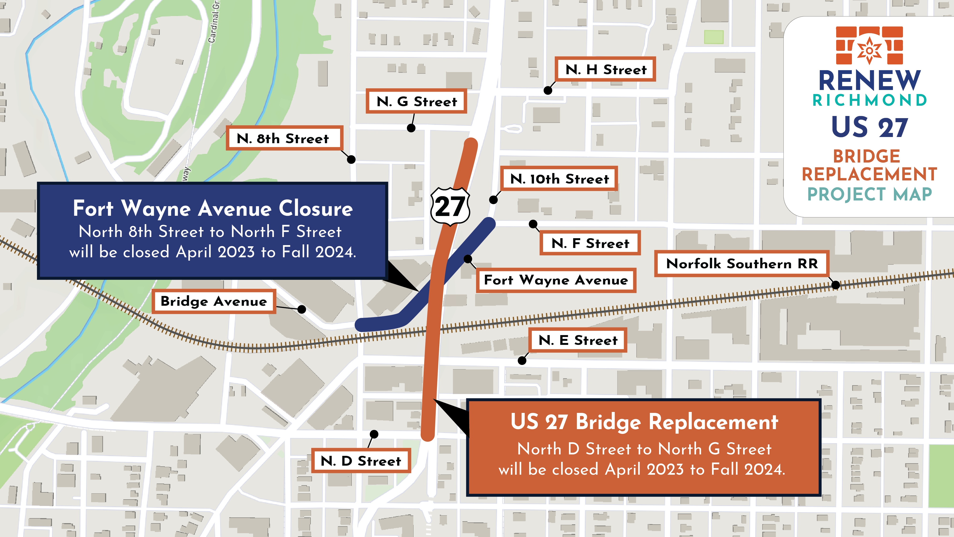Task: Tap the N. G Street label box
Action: click(416, 101)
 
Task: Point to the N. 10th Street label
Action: click(559, 179)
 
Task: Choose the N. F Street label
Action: click(590, 243)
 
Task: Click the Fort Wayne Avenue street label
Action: click(556, 280)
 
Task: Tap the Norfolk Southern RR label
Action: click(742, 263)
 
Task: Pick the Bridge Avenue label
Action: click(214, 301)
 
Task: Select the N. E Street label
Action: click(578, 340)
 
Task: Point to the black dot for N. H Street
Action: click(548, 90)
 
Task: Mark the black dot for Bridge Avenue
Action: click(302, 309)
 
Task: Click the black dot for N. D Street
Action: click(374, 434)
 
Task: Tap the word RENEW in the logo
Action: click(869, 81)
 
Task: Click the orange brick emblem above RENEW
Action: click(869, 45)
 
